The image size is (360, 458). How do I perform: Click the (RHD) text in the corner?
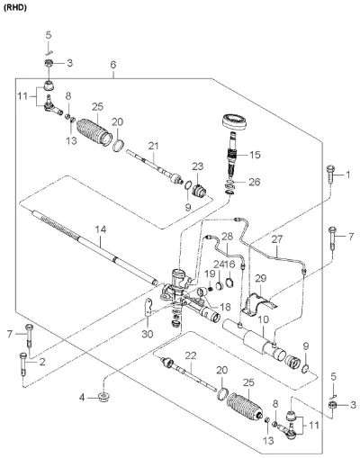point(14,8)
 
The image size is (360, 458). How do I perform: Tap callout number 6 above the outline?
point(113,65)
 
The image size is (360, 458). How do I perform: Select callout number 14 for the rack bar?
point(101,230)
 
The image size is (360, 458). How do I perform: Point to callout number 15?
point(255,155)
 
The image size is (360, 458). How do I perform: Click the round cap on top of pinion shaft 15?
point(234,121)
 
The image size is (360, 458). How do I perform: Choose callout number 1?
point(348,175)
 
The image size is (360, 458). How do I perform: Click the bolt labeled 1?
point(330,175)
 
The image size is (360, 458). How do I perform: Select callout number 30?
point(148,334)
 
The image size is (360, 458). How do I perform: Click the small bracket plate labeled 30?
point(148,307)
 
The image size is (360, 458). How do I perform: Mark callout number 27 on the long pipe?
point(277,239)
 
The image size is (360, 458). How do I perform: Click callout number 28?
point(228,237)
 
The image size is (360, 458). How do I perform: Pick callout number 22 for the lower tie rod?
point(191,355)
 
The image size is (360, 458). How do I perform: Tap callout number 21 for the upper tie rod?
point(153,146)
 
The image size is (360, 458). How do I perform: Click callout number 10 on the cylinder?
point(264,319)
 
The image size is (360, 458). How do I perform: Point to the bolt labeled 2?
point(23,364)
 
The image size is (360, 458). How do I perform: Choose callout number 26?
point(255,182)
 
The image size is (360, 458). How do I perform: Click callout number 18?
point(225,307)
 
